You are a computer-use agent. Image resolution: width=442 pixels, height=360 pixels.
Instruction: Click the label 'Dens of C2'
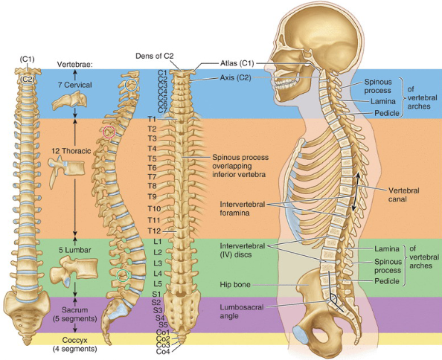(x=155, y=56)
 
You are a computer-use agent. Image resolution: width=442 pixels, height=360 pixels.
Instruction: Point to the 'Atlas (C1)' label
(x=237, y=64)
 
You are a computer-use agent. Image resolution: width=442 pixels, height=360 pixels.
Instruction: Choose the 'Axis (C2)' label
(x=235, y=77)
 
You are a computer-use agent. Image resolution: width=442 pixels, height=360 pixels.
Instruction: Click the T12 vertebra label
(x=154, y=231)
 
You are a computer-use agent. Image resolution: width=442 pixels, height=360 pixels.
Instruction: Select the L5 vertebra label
(x=158, y=283)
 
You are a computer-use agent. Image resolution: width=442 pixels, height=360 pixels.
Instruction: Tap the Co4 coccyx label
(x=163, y=352)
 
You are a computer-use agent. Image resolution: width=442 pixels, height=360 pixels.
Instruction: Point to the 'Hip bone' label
(x=235, y=285)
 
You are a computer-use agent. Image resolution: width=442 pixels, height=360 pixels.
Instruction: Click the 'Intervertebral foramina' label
(x=243, y=208)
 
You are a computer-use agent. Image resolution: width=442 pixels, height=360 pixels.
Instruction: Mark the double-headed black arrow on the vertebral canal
(x=355, y=191)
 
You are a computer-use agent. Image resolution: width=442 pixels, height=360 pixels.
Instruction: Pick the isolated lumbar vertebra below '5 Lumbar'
(x=74, y=271)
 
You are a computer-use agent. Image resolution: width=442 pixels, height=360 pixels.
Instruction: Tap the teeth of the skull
(x=286, y=84)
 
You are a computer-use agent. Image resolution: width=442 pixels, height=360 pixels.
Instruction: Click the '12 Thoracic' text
(x=71, y=151)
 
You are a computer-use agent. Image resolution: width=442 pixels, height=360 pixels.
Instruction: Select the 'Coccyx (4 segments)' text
(x=75, y=344)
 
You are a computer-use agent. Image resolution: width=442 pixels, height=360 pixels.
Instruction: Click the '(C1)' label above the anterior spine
(x=27, y=60)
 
